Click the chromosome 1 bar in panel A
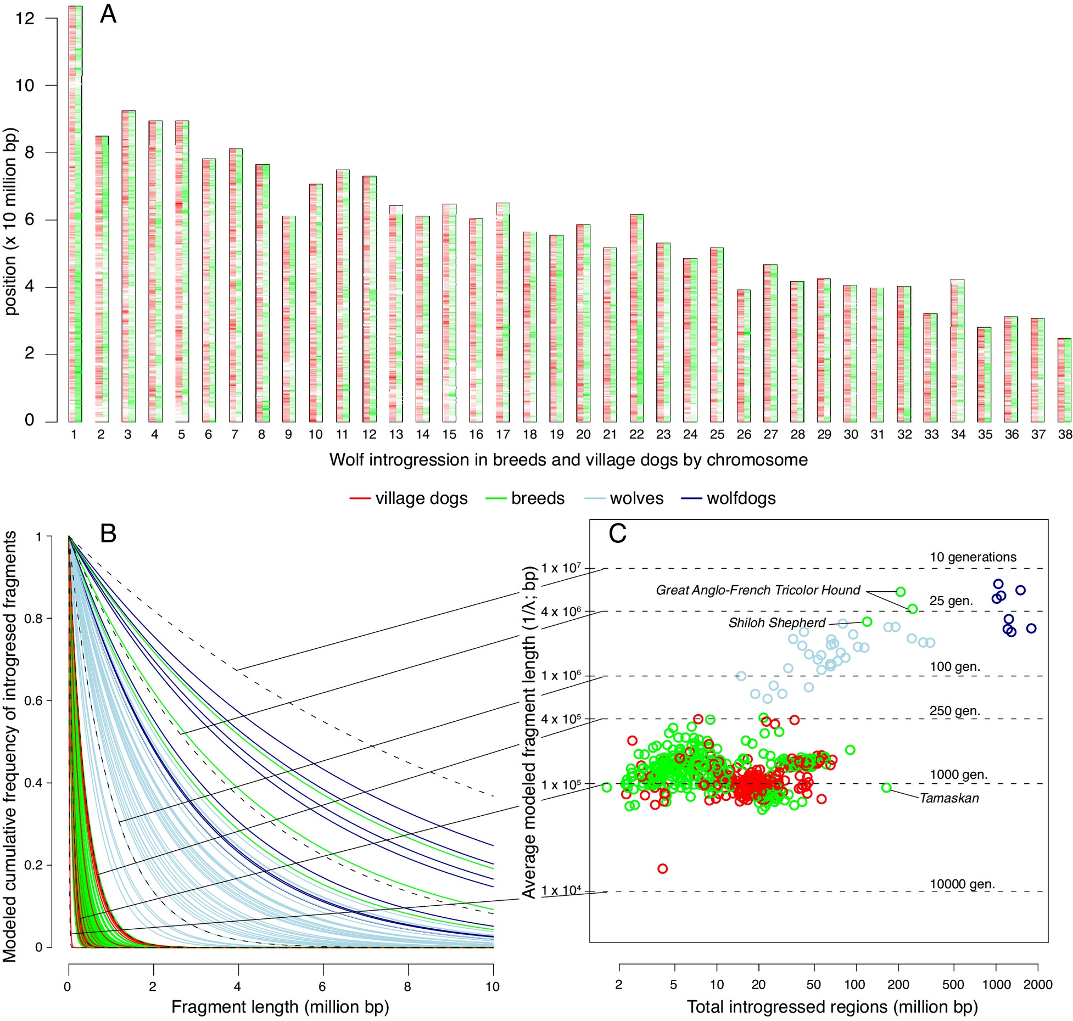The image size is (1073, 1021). click(75, 214)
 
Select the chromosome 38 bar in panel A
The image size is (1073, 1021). click(1064, 380)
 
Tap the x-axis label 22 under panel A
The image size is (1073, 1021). click(636, 435)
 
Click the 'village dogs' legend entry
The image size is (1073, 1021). click(409, 498)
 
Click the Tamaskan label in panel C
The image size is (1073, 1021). click(949, 798)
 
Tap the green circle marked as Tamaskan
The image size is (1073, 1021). click(886, 788)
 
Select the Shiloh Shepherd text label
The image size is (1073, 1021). click(776, 623)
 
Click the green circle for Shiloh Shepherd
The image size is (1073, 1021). click(867, 622)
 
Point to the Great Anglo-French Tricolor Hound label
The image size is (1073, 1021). click(758, 590)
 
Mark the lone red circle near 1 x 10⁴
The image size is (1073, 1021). click(662, 869)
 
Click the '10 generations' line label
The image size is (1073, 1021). click(973, 557)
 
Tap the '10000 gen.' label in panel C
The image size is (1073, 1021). click(962, 884)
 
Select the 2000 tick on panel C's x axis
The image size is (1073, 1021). click(1037, 985)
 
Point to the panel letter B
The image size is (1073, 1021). click(108, 533)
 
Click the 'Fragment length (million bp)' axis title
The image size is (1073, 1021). click(280, 1007)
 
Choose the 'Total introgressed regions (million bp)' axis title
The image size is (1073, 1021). click(832, 1007)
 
